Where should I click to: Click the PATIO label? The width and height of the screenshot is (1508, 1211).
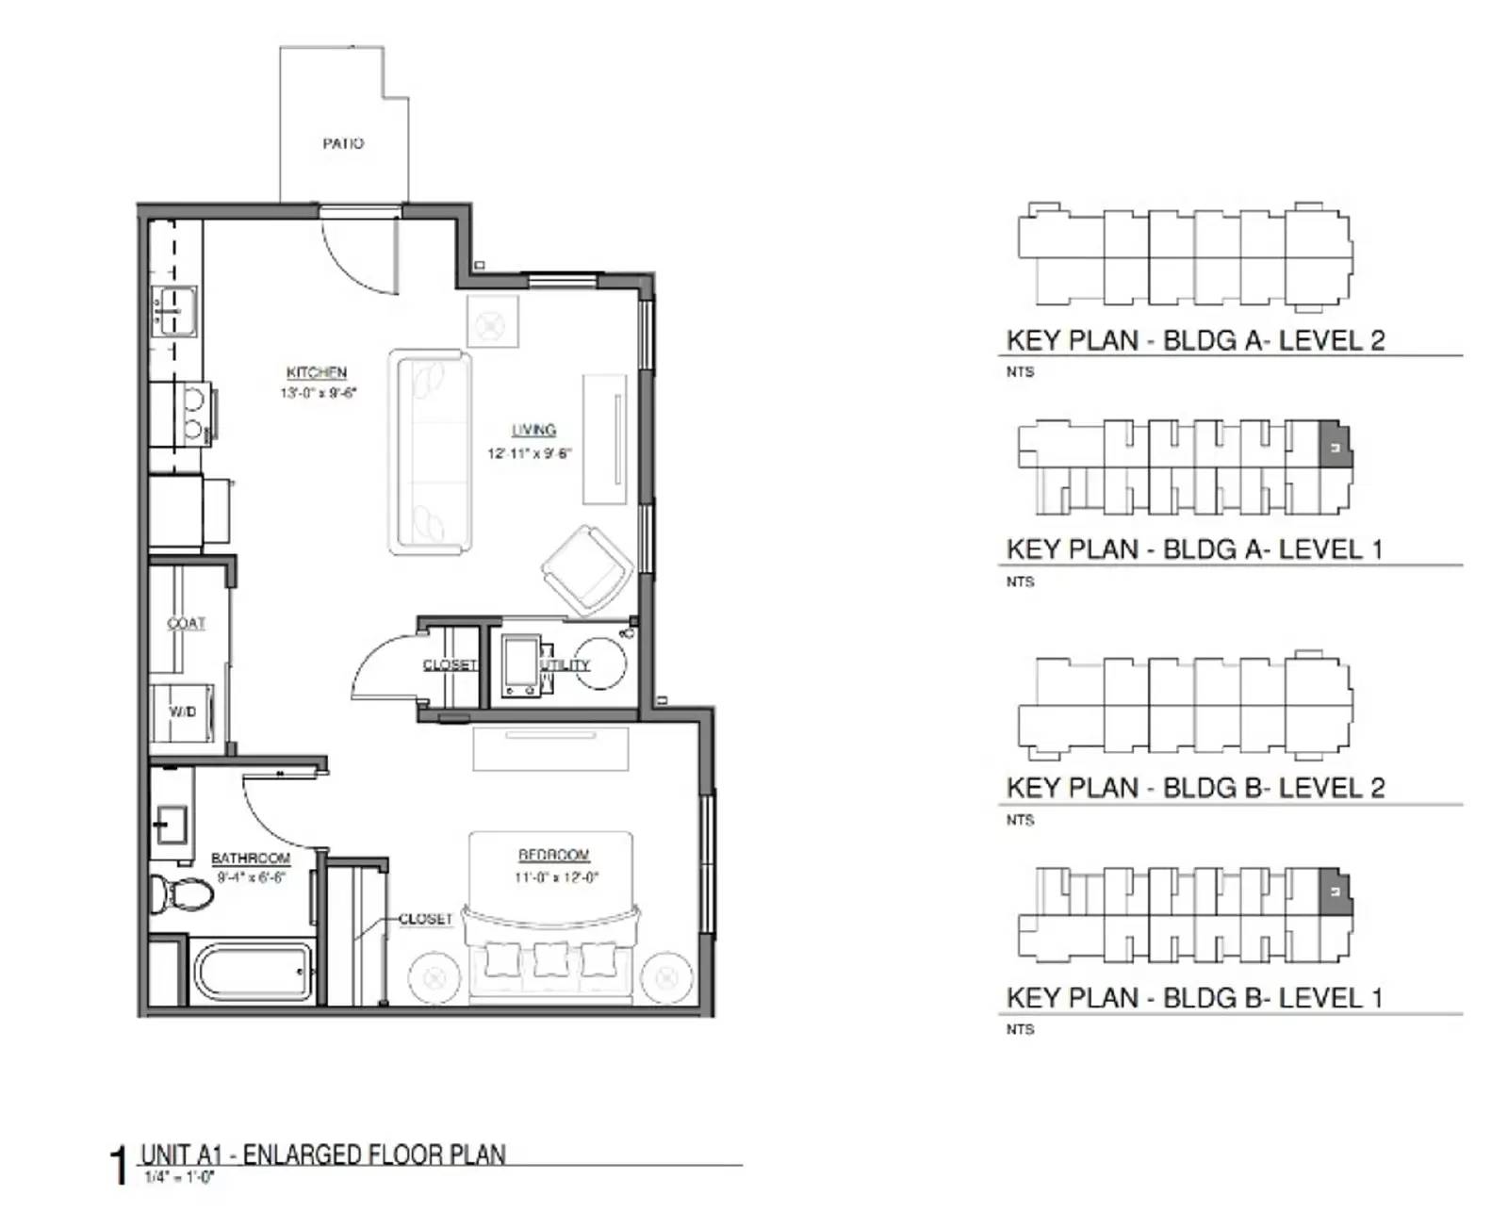click(343, 143)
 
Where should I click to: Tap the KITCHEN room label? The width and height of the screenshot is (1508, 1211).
click(317, 372)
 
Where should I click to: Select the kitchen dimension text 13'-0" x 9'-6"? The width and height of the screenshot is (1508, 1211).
click(318, 393)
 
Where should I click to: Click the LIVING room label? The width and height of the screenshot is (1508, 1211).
click(533, 430)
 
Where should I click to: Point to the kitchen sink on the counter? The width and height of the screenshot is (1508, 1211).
click(173, 309)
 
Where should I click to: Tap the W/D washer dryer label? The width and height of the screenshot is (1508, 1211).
click(183, 712)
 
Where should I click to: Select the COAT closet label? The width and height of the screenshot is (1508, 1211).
click(186, 623)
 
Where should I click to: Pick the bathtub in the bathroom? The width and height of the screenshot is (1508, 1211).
click(252, 972)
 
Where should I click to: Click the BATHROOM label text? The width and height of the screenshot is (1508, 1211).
click(251, 858)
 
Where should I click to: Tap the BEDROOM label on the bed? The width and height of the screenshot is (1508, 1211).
click(554, 855)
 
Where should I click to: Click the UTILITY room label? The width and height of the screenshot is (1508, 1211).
click(565, 665)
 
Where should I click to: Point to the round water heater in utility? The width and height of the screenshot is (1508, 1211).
click(600, 664)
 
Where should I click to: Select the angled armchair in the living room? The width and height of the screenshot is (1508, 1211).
click(586, 571)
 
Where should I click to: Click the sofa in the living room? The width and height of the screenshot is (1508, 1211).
click(431, 452)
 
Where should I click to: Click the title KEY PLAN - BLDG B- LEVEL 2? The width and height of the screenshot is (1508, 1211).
click(1195, 787)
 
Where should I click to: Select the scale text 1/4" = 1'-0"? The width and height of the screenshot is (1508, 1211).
click(179, 1177)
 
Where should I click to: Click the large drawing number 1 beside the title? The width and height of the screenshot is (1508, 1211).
click(119, 1165)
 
